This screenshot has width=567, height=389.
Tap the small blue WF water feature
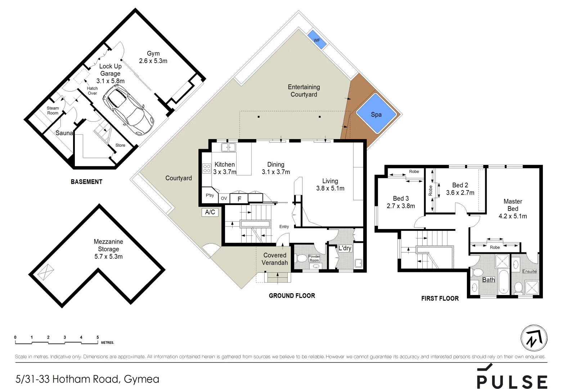click(317, 40)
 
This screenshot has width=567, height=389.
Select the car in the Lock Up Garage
click(127, 112)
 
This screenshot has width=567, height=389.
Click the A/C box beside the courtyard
click(210, 212)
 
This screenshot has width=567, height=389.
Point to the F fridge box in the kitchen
click(239, 198)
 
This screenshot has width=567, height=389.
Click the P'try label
click(210, 195)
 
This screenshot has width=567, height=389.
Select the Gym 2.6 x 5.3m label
click(153, 57)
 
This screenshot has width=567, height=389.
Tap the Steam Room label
click(53, 111)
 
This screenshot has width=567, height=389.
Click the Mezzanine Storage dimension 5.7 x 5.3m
click(108, 256)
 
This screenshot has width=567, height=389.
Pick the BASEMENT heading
click(86, 182)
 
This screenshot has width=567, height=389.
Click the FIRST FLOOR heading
click(440, 298)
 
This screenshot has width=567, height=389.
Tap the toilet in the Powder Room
click(301, 258)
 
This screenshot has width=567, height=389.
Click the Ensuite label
click(529, 271)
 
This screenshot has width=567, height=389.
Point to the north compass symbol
click(534, 339)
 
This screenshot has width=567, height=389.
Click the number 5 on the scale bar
click(98, 337)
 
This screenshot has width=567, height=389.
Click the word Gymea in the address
click(141, 379)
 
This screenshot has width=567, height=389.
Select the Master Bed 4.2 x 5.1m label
click(513, 209)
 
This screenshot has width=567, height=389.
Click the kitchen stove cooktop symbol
click(207, 168)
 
